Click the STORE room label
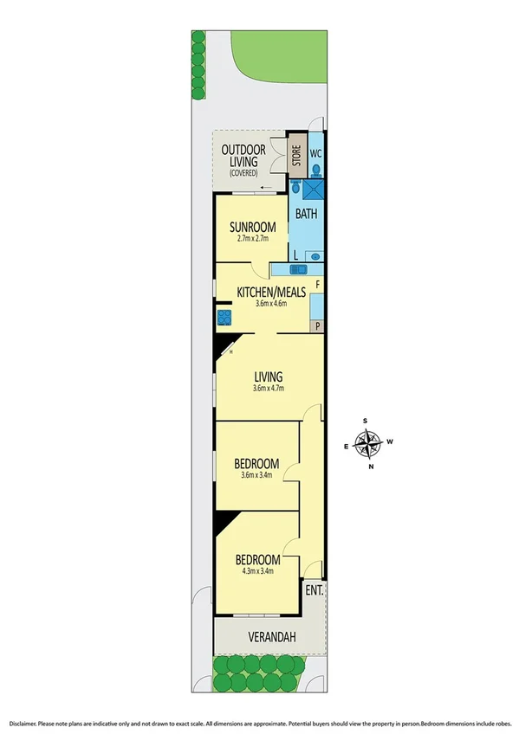pos(295,157)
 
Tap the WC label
pos(316,154)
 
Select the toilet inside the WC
pos(316,170)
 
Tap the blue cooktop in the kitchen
pos(224,317)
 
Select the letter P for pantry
pos(318,326)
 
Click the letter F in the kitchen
pos(318,284)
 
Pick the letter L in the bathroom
pos(295,255)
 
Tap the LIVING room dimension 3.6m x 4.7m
pos(269,388)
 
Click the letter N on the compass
pos(372,467)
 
